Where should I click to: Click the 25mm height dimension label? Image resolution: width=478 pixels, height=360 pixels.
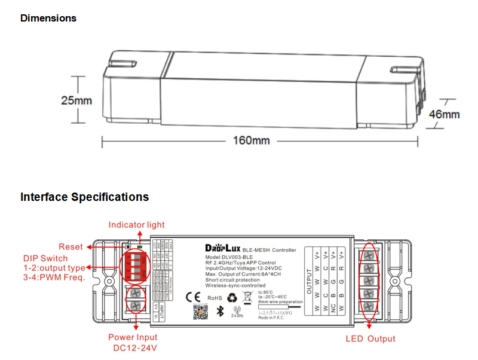tap(76, 100)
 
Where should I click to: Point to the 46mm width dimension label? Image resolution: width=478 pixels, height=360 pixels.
tap(445, 114)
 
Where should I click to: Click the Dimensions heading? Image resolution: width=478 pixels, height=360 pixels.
tap(48, 18)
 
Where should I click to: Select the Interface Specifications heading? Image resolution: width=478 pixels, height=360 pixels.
tap(84, 197)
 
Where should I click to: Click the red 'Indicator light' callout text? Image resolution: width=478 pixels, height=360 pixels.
tap(136, 225)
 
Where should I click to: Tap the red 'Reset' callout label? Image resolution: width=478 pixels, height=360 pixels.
tap(71, 247)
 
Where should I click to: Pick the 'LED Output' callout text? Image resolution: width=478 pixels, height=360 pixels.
tap(370, 339)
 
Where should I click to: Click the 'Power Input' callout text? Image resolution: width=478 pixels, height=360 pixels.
tap(133, 338)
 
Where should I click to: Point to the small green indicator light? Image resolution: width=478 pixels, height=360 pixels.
tap(139, 246)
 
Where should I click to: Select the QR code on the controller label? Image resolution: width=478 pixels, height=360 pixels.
tap(200, 312)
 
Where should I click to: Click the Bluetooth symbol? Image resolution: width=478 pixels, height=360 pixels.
tap(219, 310)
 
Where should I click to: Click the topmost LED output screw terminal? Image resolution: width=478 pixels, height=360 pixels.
tap(370, 253)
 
